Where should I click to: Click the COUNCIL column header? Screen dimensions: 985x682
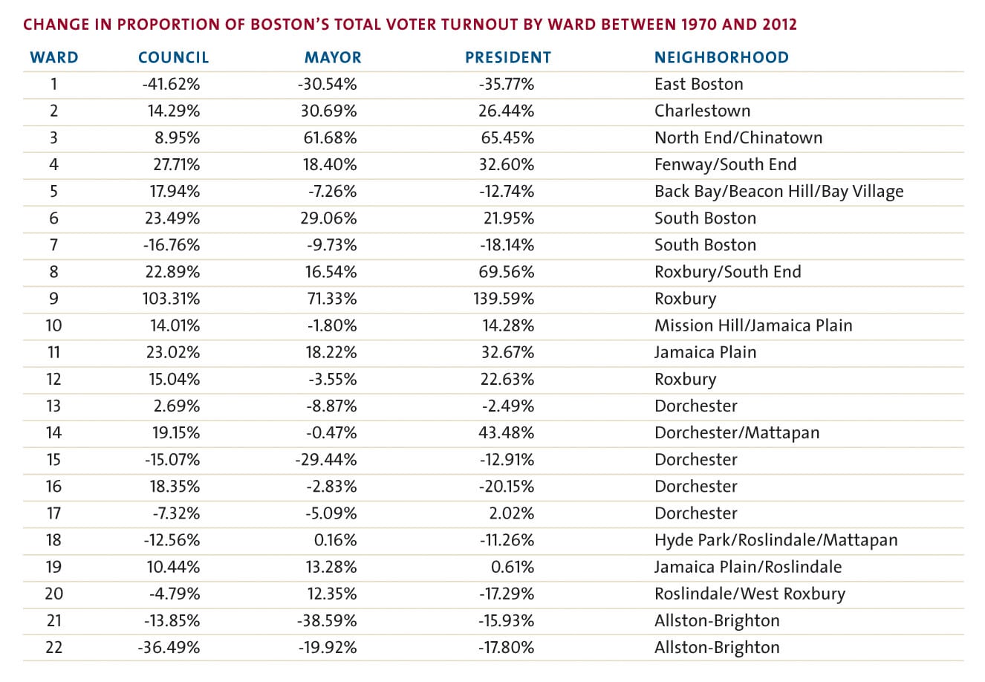(x=173, y=58)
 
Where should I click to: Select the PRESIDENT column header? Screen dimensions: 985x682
(x=508, y=58)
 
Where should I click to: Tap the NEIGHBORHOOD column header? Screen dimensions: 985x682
(x=721, y=58)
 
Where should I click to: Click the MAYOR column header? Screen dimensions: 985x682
(x=333, y=58)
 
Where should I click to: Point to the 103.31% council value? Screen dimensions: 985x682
(x=171, y=299)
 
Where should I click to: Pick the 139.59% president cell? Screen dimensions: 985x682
(x=504, y=299)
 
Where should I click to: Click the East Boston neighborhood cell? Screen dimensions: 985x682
(x=699, y=84)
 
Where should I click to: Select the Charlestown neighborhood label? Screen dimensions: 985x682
(x=702, y=111)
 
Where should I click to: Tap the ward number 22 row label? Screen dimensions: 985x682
(x=53, y=647)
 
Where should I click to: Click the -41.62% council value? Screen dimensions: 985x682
(x=171, y=84)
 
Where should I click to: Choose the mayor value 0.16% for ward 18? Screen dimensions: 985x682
(x=335, y=540)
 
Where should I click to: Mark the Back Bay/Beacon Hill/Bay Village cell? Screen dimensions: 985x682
(x=778, y=192)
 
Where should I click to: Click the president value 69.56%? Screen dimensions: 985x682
(x=507, y=272)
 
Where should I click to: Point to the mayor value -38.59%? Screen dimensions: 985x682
(x=327, y=620)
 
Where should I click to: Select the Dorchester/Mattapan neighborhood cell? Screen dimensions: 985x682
(x=737, y=432)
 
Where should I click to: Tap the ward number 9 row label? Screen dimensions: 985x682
(x=53, y=299)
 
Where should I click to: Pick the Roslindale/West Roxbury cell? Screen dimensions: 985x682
(x=750, y=594)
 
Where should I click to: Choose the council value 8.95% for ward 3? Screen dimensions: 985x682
(x=178, y=137)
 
